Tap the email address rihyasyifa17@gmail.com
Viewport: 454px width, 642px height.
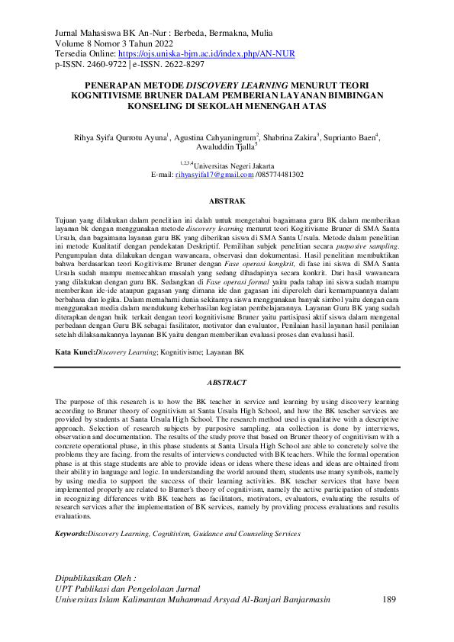pos(214,175)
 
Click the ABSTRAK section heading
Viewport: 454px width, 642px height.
pos(227,202)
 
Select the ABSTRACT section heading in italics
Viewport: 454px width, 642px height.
pos(227,382)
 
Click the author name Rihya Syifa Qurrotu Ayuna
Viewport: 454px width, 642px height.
pos(120,137)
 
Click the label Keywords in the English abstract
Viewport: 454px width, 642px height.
pos(70,533)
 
